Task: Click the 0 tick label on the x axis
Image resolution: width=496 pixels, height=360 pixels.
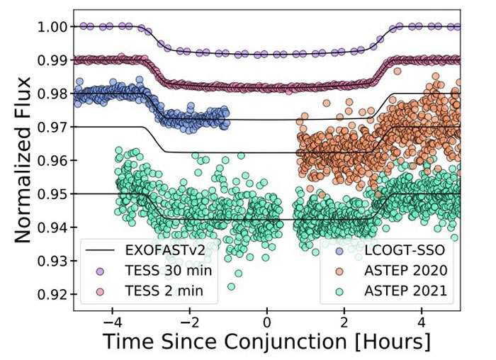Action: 267,320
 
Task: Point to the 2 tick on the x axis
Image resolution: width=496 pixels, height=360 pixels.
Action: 344,320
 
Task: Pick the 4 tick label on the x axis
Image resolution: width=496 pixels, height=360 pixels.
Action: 422,320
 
